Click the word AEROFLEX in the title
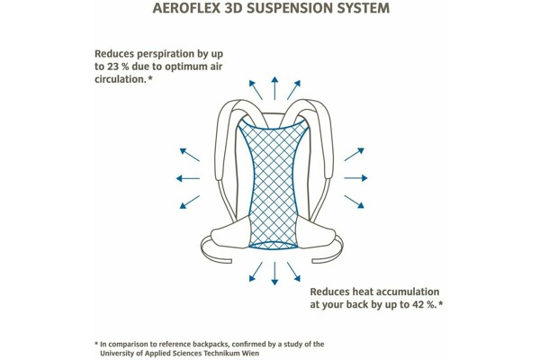coord(189,10)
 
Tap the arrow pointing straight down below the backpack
coord(271,274)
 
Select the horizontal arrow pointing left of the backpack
coord(188,178)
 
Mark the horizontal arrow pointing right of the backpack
coord(355,178)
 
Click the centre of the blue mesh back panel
coord(271,180)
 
